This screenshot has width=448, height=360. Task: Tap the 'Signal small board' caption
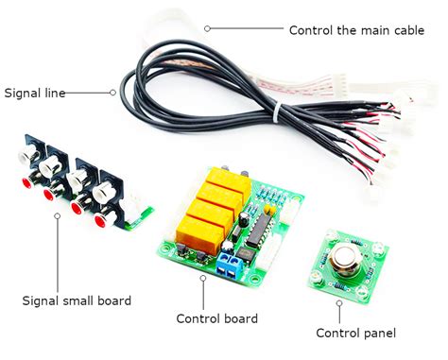click(77, 300)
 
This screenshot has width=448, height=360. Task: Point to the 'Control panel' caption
click(356, 332)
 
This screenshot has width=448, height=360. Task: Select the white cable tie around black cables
click(277, 113)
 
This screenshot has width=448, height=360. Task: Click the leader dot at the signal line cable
click(113, 93)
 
